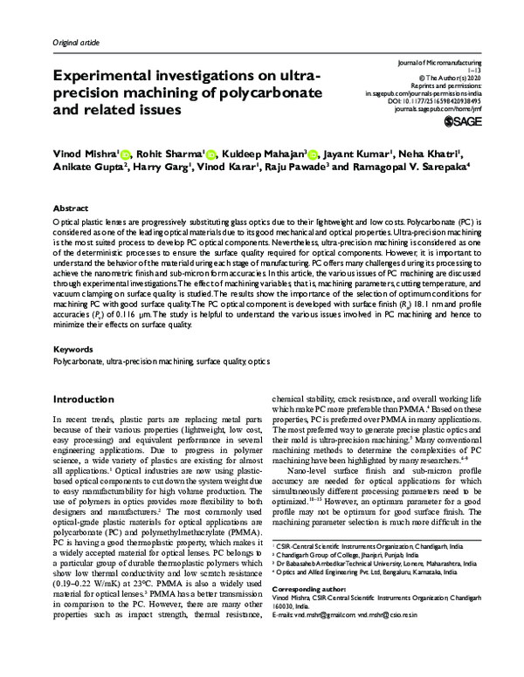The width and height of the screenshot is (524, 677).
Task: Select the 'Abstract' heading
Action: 71,210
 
